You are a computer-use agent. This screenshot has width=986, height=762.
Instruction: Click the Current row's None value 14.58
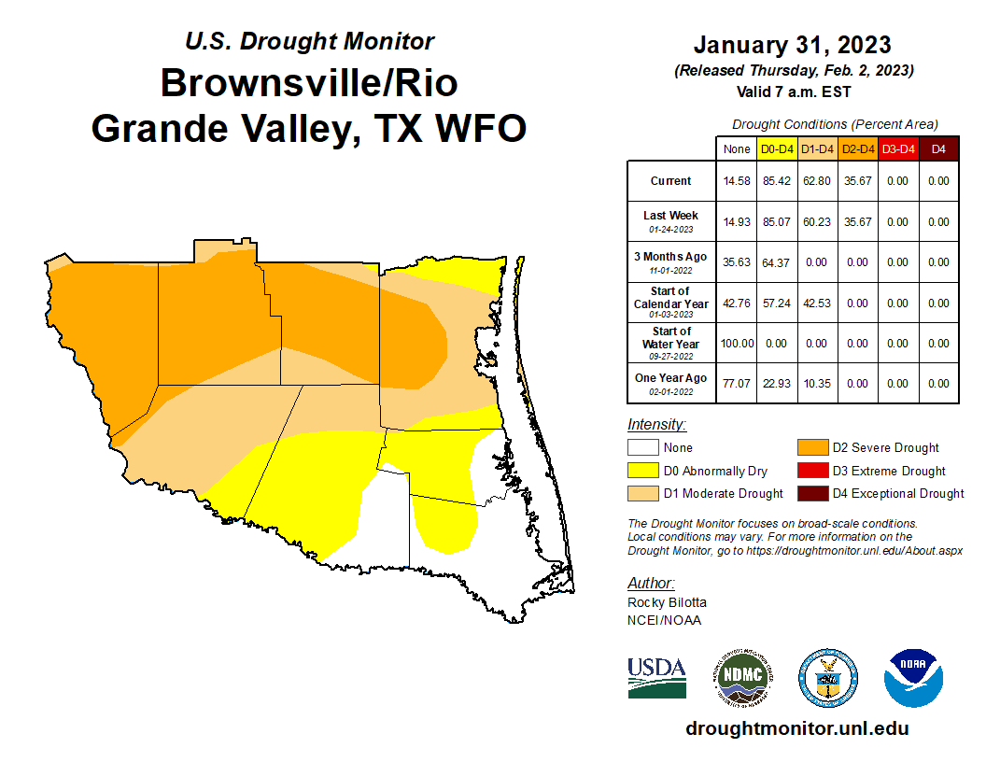click(736, 181)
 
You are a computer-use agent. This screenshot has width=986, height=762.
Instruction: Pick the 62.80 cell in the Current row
click(817, 181)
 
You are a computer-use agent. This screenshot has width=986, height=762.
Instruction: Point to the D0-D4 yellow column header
click(777, 148)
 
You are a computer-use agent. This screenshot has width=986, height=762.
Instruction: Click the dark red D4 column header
click(938, 148)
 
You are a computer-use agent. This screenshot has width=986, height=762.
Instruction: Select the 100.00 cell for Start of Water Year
click(736, 343)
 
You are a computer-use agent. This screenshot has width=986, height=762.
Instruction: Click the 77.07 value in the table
click(736, 384)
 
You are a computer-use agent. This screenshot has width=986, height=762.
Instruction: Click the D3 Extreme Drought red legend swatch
click(811, 471)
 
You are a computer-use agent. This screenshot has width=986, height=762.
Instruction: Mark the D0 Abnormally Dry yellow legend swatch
click(643, 471)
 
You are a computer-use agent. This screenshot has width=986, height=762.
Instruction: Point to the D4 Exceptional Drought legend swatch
click(811, 493)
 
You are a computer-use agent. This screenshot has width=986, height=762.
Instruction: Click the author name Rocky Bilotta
click(667, 603)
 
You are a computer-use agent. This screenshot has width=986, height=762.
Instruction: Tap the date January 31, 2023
click(792, 45)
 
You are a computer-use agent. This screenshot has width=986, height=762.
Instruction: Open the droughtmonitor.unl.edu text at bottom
click(796, 728)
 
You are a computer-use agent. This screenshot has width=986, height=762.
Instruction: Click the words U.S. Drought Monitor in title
click(309, 41)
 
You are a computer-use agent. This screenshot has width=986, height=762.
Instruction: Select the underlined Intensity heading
click(656, 424)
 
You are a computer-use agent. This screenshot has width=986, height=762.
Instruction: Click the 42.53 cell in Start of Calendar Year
click(817, 303)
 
